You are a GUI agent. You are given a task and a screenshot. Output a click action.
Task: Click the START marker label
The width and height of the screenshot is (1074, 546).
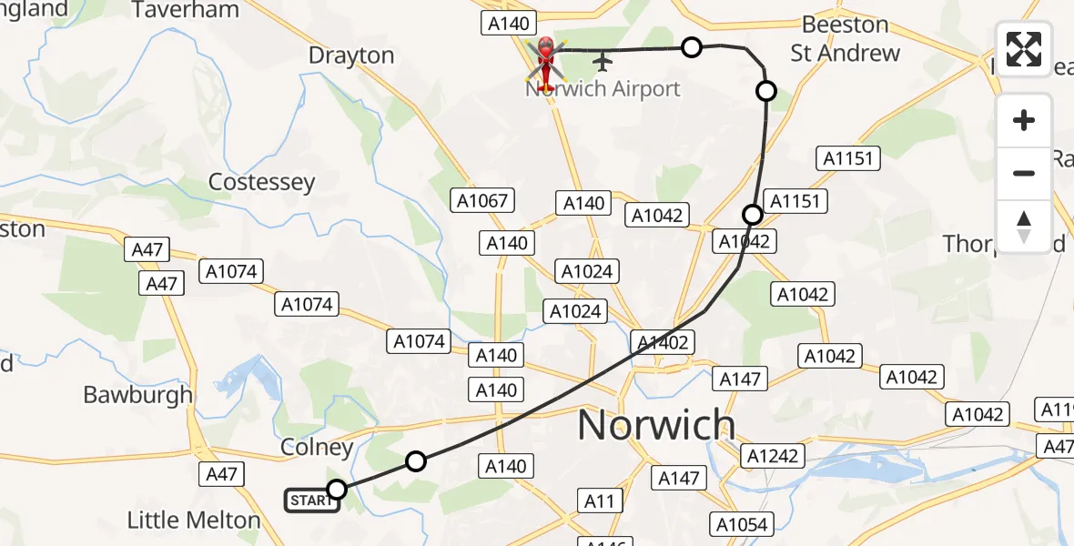tap(312, 500)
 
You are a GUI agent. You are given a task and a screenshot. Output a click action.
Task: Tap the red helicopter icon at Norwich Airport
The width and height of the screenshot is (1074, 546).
tap(546, 60)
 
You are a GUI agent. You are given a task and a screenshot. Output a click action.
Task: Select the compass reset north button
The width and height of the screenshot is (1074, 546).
tap(1024, 226)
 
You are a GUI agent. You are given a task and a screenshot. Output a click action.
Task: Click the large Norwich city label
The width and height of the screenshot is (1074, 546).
tap(656, 425)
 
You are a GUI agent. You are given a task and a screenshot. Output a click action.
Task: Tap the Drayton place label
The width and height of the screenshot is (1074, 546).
tap(351, 56)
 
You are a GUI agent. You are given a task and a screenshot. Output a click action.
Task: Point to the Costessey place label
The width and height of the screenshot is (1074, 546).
tap(261, 182)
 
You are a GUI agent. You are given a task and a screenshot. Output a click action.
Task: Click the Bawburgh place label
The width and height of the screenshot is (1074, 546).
tap(138, 394)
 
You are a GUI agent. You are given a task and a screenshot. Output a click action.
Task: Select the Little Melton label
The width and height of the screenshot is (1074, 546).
tap(193, 521)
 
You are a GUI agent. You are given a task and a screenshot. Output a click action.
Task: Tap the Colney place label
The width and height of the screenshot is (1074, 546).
tap(317, 448)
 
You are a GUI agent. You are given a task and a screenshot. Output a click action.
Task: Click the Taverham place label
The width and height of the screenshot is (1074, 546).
tap(186, 11)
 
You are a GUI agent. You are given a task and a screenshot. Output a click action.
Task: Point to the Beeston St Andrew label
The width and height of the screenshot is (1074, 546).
tap(846, 39)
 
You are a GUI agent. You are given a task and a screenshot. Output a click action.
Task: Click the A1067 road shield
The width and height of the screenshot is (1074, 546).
tap(483, 200)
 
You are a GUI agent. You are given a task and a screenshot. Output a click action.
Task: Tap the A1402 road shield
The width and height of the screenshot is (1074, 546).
tap(664, 342)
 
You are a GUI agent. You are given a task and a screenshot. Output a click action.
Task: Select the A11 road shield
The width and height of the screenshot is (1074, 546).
tap(599, 500)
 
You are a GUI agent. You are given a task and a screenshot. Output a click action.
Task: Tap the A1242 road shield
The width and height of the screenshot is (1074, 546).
tap(774, 455)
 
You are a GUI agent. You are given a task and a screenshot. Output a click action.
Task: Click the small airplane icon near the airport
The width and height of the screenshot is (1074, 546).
tap(602, 61)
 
